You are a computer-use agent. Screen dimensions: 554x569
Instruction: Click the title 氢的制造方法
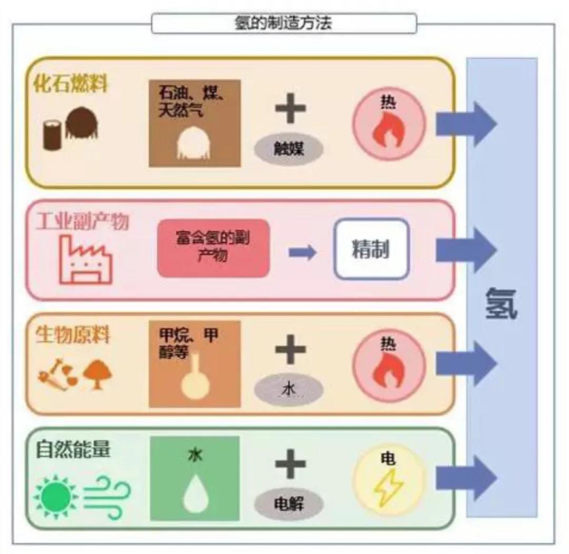[x=283, y=23]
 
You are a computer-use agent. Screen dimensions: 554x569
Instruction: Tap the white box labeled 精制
[x=371, y=249]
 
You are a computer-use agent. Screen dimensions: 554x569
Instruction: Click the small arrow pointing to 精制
[x=302, y=253]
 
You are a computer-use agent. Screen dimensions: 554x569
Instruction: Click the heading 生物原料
[x=73, y=336]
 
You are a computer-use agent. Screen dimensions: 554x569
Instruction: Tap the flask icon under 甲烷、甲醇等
[x=195, y=379]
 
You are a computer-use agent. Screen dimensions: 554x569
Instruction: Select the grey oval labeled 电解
[x=288, y=504]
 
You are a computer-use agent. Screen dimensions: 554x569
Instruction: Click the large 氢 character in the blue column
[x=501, y=304]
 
